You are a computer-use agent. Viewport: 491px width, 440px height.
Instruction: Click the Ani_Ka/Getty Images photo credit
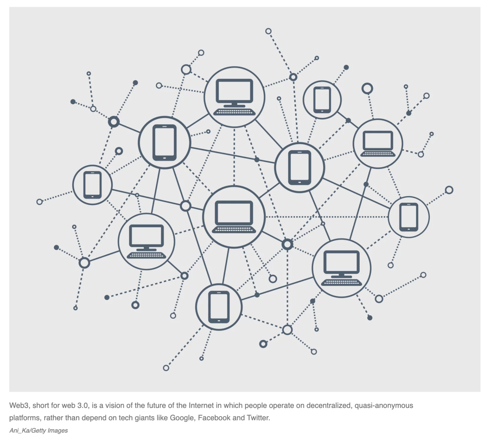coord(38,431)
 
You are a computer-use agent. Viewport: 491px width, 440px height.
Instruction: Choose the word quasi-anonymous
coord(384,405)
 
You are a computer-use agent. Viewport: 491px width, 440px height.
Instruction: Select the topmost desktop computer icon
coord(234,96)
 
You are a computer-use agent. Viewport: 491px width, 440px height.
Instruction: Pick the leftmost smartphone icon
coord(92,185)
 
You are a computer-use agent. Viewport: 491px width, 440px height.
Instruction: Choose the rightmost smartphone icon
coord(408,217)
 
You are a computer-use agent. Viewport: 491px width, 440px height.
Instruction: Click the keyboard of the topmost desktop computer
coord(234,112)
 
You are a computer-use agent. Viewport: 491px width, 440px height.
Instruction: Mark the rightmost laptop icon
coord(378,144)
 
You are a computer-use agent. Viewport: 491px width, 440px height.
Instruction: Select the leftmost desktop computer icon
coord(146,242)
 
